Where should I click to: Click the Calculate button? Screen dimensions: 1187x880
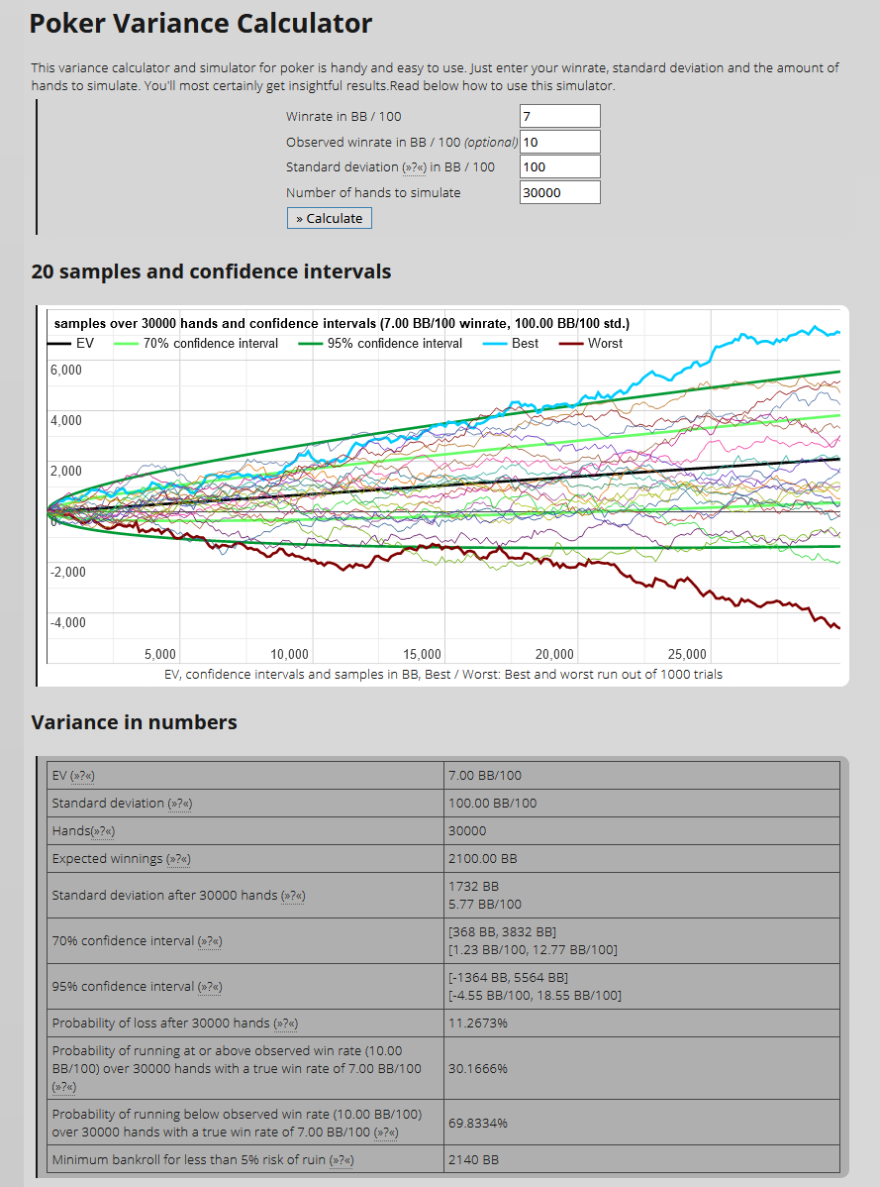330,218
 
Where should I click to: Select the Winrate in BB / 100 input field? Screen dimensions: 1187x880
559,116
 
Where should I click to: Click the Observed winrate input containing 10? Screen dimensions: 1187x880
559,142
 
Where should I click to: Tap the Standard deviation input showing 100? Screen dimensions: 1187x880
559,166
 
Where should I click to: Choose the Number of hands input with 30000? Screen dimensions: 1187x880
559,192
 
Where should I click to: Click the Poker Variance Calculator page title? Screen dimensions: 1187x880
200,24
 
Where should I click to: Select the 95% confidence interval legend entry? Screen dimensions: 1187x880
394,343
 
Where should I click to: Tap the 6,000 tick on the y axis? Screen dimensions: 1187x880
66,370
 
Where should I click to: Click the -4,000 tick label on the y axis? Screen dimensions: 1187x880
66,622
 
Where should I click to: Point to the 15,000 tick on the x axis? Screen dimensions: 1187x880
423,654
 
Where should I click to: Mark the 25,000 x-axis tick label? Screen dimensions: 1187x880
688,654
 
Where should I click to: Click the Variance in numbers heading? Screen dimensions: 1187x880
134,722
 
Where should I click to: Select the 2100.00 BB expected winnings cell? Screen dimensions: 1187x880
483,858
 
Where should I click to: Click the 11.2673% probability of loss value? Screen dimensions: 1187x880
478,1023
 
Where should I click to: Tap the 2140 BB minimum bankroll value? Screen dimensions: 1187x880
473,1159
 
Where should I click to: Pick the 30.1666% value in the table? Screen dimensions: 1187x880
478,1069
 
